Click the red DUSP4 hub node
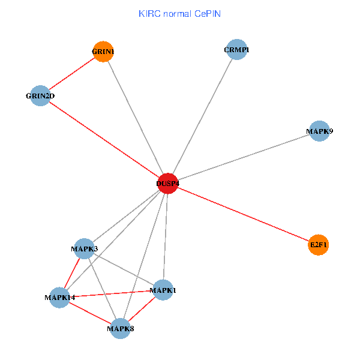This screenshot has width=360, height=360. tap(168, 184)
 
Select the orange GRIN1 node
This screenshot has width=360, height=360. tap(103, 52)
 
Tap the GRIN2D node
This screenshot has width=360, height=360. tap(40, 95)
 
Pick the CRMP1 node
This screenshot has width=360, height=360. tap(237, 50)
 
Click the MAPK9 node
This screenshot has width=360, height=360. tap(319, 131)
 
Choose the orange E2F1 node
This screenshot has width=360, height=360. tap(319, 245)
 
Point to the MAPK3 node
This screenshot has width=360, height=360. tap(85, 248)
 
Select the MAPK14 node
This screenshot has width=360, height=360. tap(59, 297)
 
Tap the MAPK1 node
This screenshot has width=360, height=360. tap(163, 290)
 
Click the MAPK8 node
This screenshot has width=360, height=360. tap(120, 328)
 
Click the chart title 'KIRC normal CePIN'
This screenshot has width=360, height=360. tap(179, 13)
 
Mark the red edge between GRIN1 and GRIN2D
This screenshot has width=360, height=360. tap(71, 73)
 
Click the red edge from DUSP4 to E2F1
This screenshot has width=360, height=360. tap(243, 214)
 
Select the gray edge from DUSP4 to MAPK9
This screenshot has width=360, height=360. tap(244, 157)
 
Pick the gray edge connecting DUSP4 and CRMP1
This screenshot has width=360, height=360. tap(203, 116)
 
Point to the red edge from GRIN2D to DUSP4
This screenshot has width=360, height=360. tap(104, 140)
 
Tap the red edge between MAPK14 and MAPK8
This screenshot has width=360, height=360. tap(90, 313)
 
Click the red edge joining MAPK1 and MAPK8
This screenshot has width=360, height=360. tap(142, 309)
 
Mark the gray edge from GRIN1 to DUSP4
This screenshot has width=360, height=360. tap(136, 118)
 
